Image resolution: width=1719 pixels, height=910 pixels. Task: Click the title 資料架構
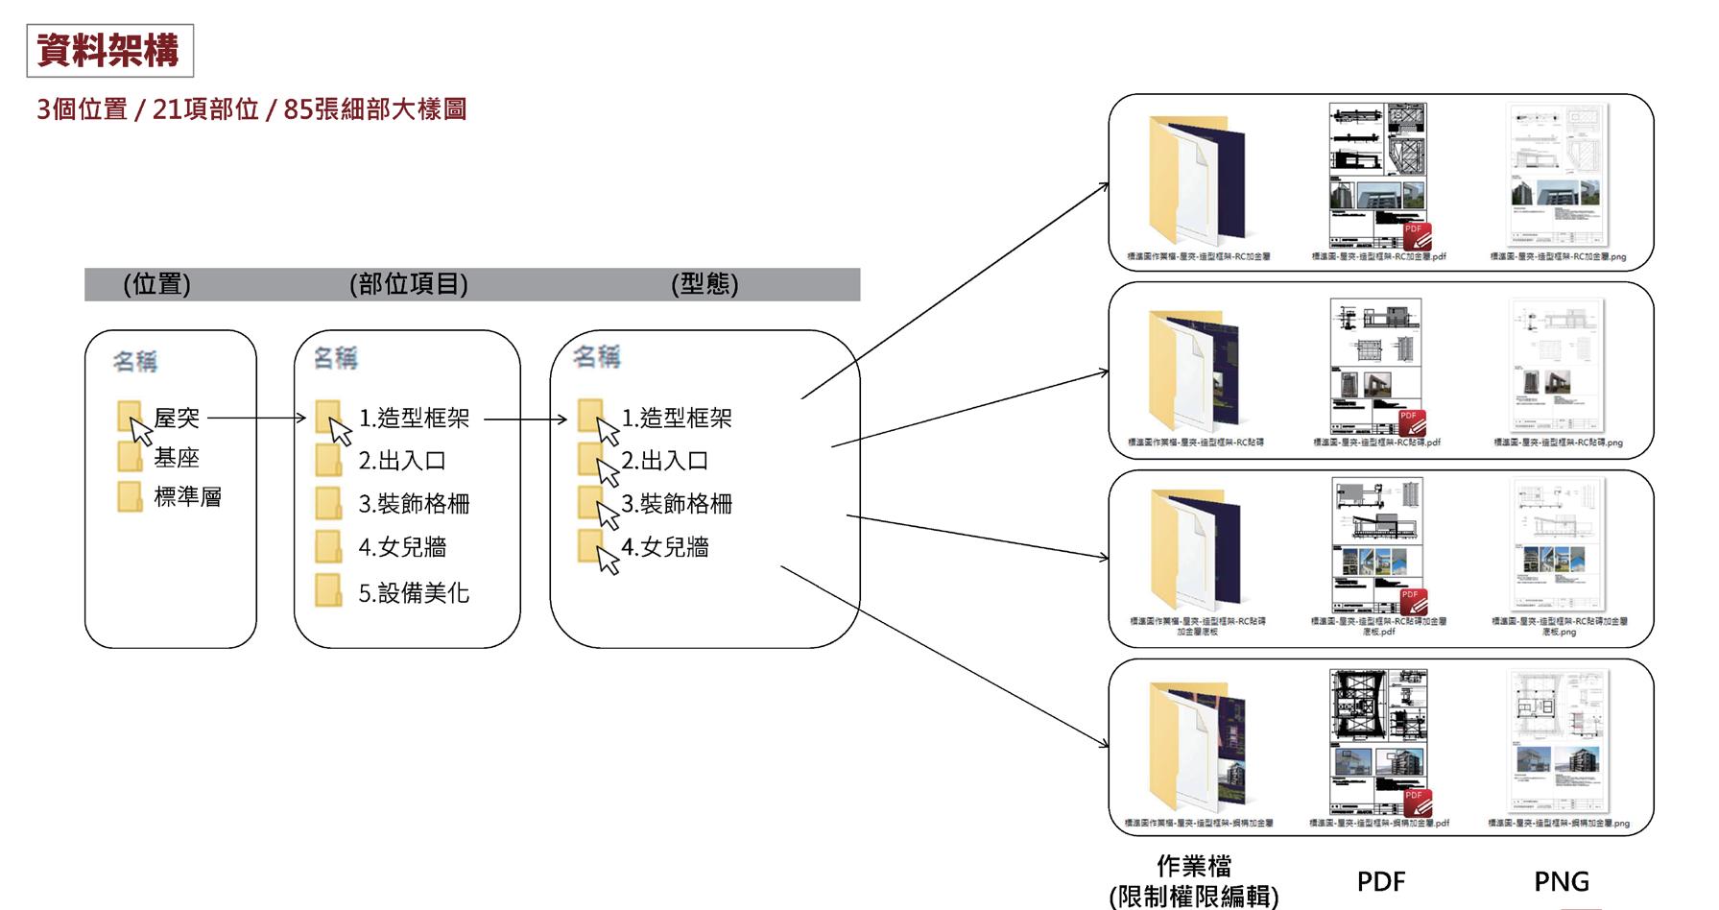coord(108,50)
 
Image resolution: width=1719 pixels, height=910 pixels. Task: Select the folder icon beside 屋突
coord(129,417)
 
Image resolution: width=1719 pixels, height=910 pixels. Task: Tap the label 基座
coord(177,458)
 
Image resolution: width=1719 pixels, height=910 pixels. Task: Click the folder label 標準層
coord(187,497)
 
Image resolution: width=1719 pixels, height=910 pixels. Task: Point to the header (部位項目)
coord(409,284)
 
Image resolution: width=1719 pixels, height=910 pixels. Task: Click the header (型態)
coord(704,284)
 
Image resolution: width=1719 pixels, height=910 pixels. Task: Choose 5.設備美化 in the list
coord(414,593)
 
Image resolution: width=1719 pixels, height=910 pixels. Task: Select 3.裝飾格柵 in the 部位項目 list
coord(414,504)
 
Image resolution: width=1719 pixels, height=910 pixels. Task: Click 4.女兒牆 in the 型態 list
coord(664,547)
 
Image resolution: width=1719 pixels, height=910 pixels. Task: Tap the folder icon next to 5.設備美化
coord(328,590)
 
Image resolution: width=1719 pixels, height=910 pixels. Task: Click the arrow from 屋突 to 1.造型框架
coord(255,419)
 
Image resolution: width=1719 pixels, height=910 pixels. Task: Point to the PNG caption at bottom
coord(1561,881)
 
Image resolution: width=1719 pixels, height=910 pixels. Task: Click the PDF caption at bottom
coord(1380,881)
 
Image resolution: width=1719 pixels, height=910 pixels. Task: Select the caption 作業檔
coord(1193,866)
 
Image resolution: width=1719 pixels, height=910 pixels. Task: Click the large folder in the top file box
coord(1195,180)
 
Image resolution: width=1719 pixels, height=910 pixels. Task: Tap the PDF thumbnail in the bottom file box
coord(1378,741)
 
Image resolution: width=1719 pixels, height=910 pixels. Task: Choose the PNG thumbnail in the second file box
coord(1556,365)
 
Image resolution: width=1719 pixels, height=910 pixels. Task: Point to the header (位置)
coord(156,284)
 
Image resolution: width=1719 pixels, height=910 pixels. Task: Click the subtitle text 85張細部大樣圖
coord(375,109)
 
